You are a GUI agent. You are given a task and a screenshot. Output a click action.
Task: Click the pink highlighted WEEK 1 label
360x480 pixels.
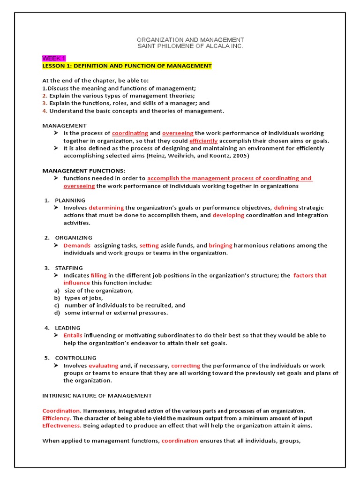54,58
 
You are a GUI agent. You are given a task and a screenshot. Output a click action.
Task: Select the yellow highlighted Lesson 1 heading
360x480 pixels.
127,66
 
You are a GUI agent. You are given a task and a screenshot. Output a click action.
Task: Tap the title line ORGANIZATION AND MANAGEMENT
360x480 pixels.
190,40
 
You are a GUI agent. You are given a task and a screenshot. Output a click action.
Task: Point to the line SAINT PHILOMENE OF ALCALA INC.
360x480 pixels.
190,46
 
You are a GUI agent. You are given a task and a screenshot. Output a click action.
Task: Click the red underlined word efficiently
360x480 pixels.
203,141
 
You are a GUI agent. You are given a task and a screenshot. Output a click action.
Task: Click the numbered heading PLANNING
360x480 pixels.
70,200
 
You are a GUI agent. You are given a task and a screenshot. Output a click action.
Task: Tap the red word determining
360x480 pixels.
106,208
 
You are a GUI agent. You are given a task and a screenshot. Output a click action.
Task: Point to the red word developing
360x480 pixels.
228,215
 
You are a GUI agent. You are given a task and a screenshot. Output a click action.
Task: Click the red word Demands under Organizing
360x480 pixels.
77,245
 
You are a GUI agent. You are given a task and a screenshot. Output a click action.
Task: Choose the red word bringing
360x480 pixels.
220,245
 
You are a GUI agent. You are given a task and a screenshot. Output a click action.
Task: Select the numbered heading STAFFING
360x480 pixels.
69,268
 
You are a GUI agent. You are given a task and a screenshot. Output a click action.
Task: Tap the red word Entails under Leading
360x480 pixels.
73,335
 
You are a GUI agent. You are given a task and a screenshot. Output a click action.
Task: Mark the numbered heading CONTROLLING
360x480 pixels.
75,358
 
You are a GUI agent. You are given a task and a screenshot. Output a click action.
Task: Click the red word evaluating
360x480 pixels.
104,366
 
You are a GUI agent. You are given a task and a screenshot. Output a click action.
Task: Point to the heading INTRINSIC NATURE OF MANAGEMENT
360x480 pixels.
97,396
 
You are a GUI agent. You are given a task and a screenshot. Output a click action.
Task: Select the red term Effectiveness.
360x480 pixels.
62,426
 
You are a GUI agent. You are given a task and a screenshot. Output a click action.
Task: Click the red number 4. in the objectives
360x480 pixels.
45,111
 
